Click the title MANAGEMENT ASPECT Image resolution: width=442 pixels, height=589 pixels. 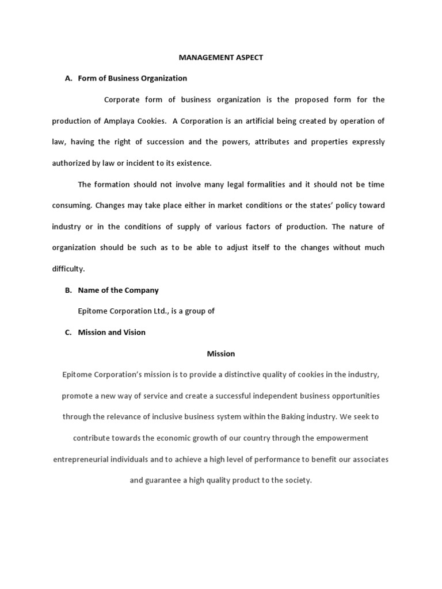point(221,58)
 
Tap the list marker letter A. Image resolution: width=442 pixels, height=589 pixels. point(68,79)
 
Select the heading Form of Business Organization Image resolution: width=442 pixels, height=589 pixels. point(132,79)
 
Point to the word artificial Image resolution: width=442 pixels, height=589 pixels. point(262,121)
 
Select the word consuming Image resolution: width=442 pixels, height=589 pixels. point(71,205)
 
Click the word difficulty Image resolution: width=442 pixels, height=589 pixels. point(68,269)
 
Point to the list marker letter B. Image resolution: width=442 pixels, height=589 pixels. point(68,290)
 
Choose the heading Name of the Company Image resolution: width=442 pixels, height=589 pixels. point(118,290)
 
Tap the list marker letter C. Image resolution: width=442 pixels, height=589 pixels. point(68,332)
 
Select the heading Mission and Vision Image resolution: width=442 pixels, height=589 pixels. point(112,332)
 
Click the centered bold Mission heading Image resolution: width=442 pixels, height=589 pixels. point(221,354)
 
